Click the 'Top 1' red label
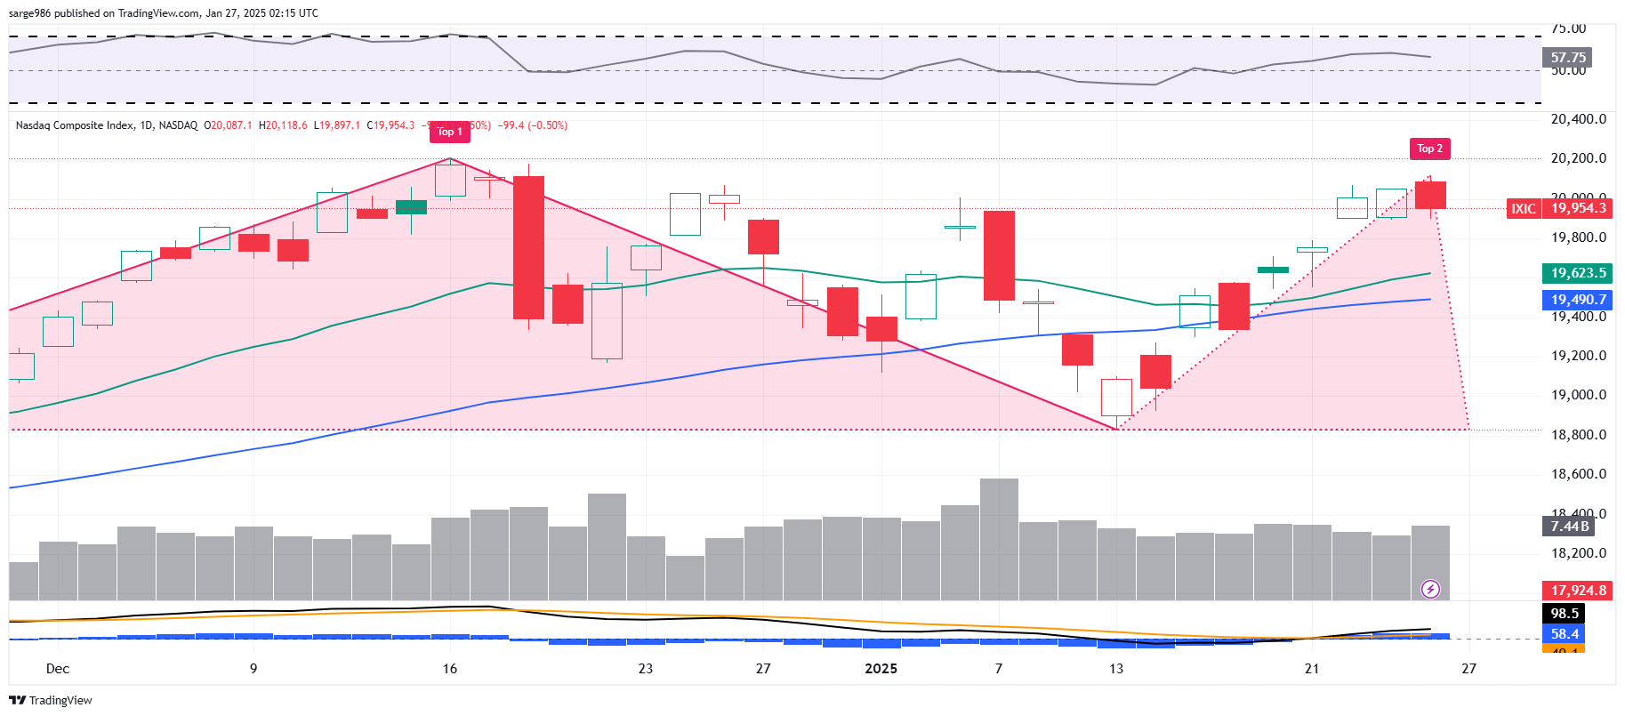450,132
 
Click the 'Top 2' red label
1429,149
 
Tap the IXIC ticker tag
1524,208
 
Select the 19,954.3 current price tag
1578,208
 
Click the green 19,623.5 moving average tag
1577,273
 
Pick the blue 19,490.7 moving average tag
1577,300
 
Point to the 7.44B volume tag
1568,526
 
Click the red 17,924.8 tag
1577,591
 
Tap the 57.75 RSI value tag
1567,58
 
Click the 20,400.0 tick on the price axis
1578,119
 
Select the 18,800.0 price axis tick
1578,435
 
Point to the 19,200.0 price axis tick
1578,356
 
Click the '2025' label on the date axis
881,669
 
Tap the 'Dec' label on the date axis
58,669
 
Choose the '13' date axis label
1115,669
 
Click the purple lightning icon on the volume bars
1430,589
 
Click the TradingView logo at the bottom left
51,701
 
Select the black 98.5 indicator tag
1565,614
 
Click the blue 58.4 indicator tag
1565,634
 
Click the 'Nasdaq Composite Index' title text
75,125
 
